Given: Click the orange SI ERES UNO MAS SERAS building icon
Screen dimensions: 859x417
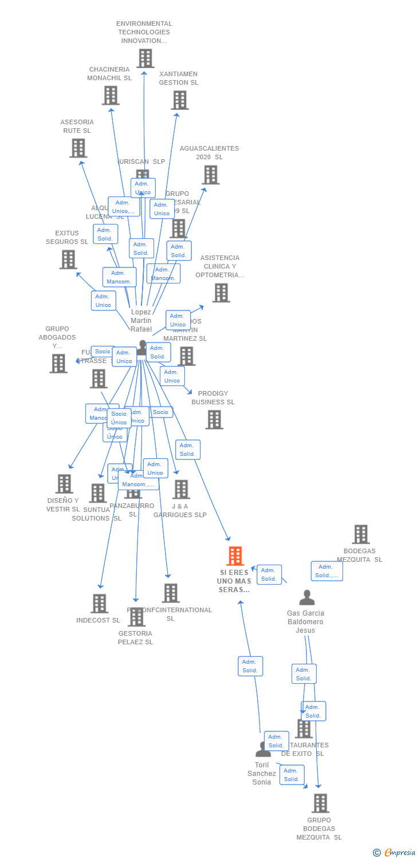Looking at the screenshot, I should coord(235,556).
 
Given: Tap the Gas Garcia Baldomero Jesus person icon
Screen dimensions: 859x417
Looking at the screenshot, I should coord(307,598).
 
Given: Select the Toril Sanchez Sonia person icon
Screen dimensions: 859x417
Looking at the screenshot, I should coord(263,749).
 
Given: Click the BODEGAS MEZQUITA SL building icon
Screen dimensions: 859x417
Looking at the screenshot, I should coord(360,534).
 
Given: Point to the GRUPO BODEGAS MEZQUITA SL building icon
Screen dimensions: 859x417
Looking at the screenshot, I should coord(320,803).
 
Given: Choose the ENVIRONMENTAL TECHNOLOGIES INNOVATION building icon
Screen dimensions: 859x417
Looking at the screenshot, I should coord(145,58).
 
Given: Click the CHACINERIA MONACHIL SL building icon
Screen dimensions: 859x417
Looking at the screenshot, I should coord(111,95).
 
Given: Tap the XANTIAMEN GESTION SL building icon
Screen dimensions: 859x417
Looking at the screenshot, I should coord(179,100).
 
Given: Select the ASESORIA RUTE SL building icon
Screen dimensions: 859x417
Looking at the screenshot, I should coord(78,148).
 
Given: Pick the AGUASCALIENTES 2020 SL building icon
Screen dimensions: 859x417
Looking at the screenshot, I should coord(210,175).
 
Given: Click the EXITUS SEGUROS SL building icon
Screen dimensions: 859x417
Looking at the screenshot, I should coord(68,259).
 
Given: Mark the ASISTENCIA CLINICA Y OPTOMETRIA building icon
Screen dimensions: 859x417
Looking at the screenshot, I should coord(221,293).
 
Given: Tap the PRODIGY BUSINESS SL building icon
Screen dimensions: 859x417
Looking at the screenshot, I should coord(214,420).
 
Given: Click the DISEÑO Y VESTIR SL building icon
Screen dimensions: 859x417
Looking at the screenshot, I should coord(64,484).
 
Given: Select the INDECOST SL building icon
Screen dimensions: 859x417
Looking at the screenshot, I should coord(99,604).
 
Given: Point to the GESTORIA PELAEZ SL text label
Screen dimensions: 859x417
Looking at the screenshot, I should coord(135,637).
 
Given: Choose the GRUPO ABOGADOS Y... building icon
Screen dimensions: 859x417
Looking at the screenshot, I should coord(58,363).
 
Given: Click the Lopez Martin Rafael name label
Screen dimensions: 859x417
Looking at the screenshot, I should coord(141,321).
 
